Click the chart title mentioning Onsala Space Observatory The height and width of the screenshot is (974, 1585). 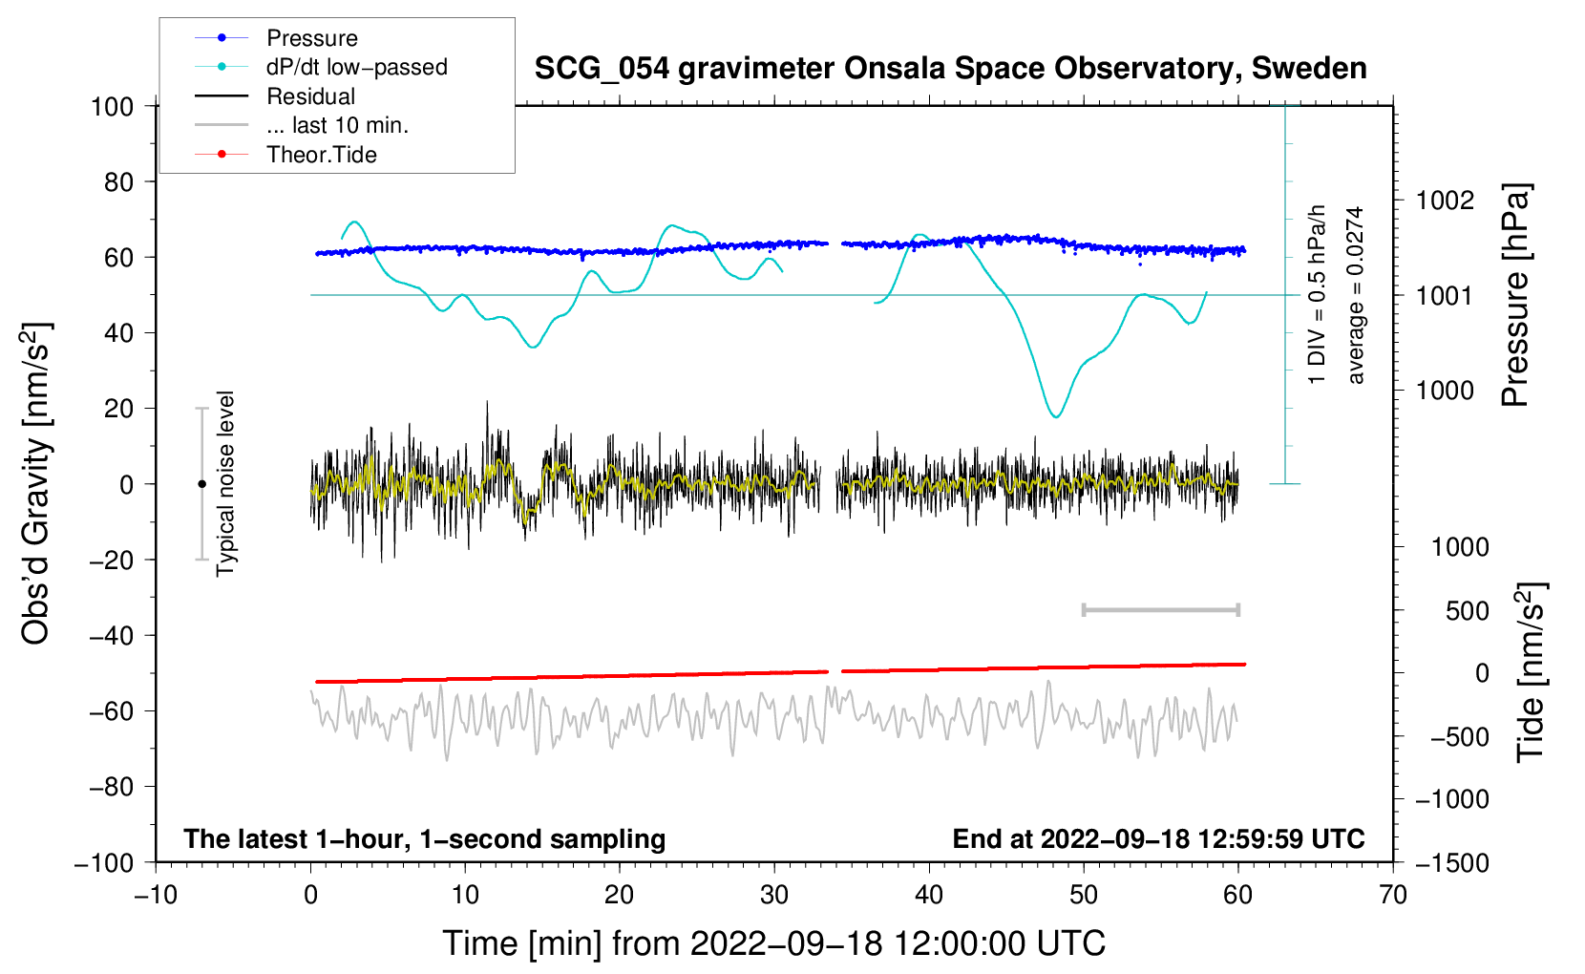[x=950, y=69]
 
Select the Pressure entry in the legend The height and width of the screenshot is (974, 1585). [x=311, y=38]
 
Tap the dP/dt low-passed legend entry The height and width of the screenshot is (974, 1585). [x=356, y=67]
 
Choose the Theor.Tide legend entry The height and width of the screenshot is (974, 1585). [x=321, y=155]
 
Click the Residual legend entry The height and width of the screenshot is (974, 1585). [x=310, y=96]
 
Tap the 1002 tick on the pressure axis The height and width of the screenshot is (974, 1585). [x=1445, y=201]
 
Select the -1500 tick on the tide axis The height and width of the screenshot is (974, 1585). [x=1451, y=862]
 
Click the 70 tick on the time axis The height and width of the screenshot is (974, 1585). [x=1393, y=895]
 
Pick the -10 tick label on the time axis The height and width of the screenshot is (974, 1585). [x=156, y=895]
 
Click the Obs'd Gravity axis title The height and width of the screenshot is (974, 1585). [x=36, y=484]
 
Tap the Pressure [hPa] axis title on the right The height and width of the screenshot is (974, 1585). [x=1516, y=296]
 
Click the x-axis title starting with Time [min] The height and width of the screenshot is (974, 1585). [x=774, y=943]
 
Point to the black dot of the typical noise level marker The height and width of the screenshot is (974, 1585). [x=201, y=484]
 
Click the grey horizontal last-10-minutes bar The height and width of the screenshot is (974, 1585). [x=1160, y=609]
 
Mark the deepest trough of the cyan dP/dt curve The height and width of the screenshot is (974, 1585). [x=1055, y=416]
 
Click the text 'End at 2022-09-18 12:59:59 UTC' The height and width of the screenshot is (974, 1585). [x=1158, y=839]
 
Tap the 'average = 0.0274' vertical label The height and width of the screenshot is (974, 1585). [x=1356, y=296]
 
